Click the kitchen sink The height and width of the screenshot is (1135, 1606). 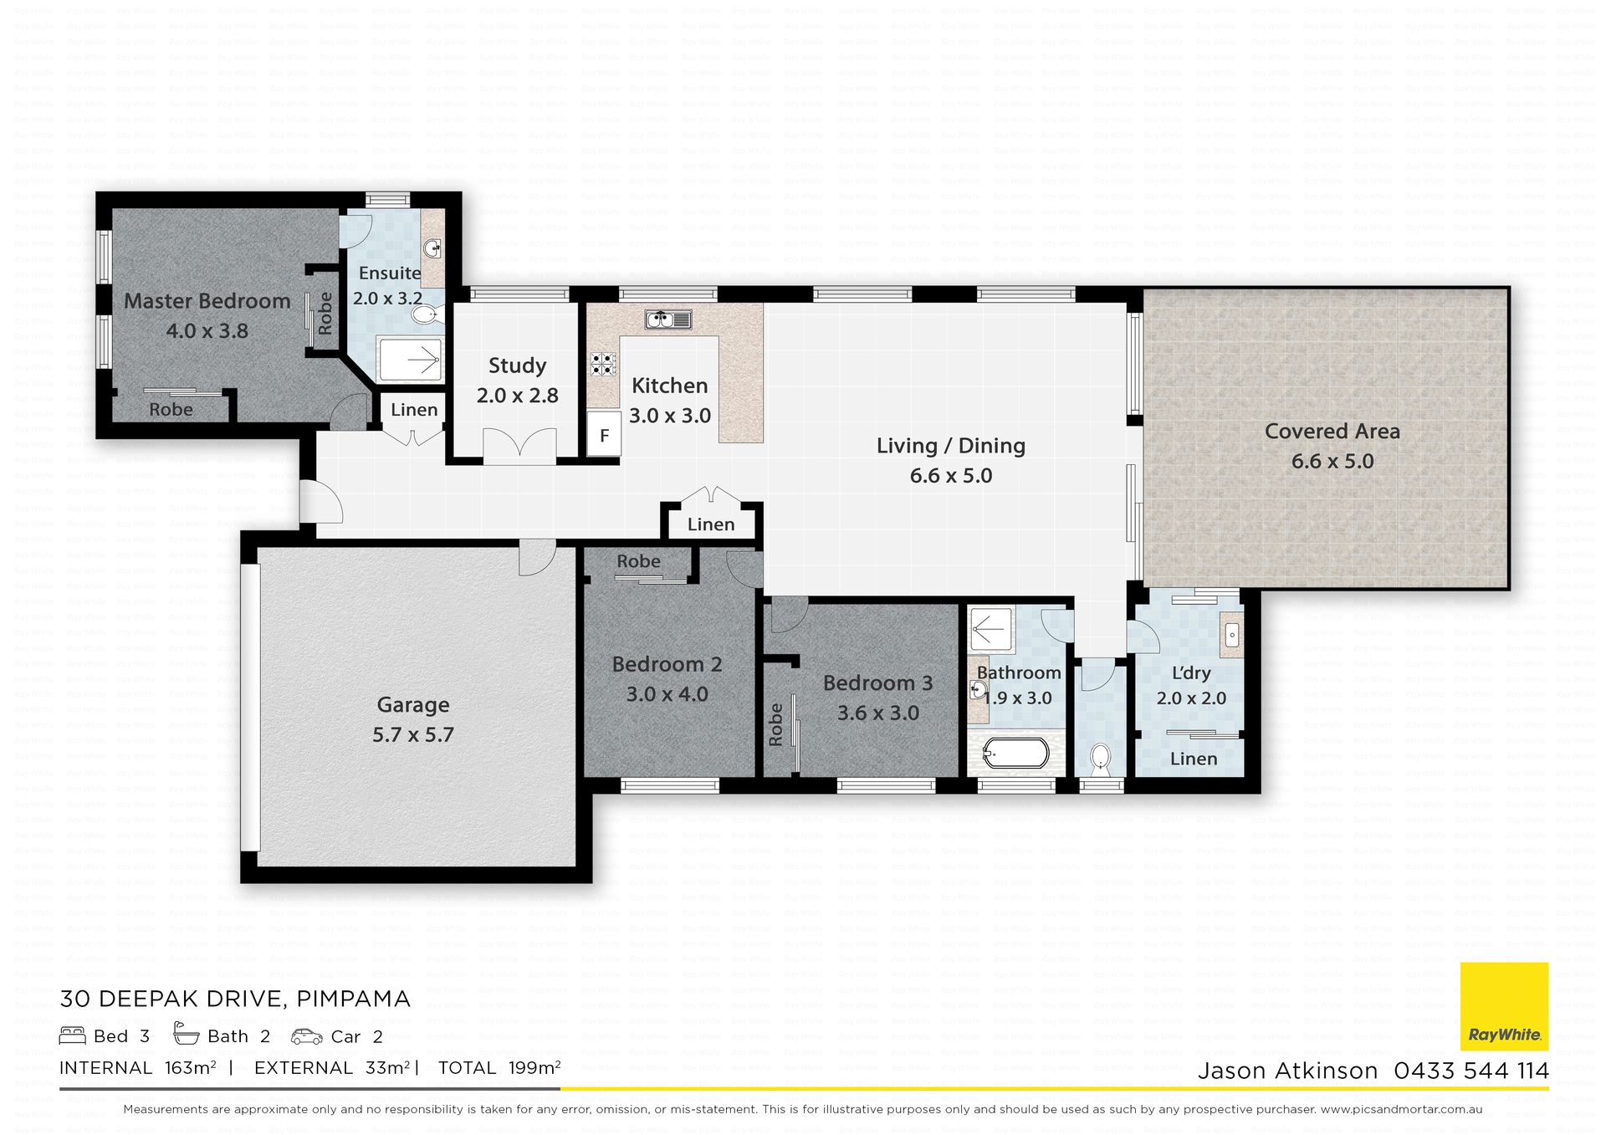pos(668,319)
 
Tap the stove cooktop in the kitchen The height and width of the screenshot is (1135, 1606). pos(602,364)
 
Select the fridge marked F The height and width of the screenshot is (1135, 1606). pos(604,434)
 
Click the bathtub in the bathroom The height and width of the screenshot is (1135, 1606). pos(1015,753)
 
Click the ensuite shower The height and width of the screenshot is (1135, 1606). pos(411,360)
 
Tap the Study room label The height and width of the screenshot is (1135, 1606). pos(517,366)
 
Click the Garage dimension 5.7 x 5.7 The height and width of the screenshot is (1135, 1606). pos(413,735)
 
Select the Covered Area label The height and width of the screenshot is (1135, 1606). pos(1332,432)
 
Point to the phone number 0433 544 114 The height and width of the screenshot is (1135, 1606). pos(1471,1071)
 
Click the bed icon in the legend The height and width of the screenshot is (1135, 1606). pos(73,1036)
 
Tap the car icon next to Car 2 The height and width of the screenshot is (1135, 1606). pos(307,1037)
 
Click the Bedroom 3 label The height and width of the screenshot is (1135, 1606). pos(877,683)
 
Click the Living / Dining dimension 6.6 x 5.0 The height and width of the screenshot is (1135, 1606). pos(951,476)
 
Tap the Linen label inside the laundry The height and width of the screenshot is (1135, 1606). pos(1194,759)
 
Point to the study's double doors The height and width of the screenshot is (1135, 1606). pos(519,444)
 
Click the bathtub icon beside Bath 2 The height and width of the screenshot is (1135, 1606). pos(186,1035)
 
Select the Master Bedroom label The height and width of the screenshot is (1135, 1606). pos(207,301)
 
